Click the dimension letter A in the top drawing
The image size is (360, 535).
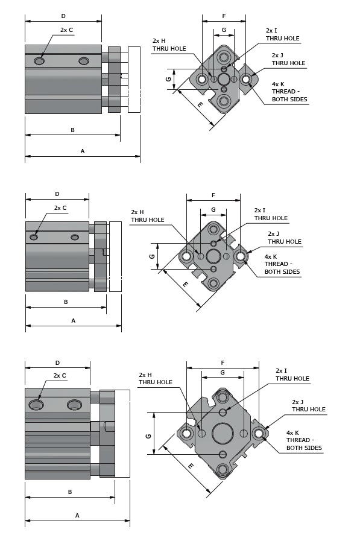point(82,151)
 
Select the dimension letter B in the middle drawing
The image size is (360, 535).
point(66,302)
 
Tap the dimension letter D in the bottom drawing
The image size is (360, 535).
point(57,362)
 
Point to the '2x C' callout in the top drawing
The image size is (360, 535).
point(66,30)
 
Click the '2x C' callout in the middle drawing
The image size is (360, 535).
point(60,208)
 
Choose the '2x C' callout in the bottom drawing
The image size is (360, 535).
point(60,375)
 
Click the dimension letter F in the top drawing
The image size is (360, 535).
point(224,16)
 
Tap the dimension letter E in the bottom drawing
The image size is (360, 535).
point(191,466)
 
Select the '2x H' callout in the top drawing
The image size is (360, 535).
point(159,40)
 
